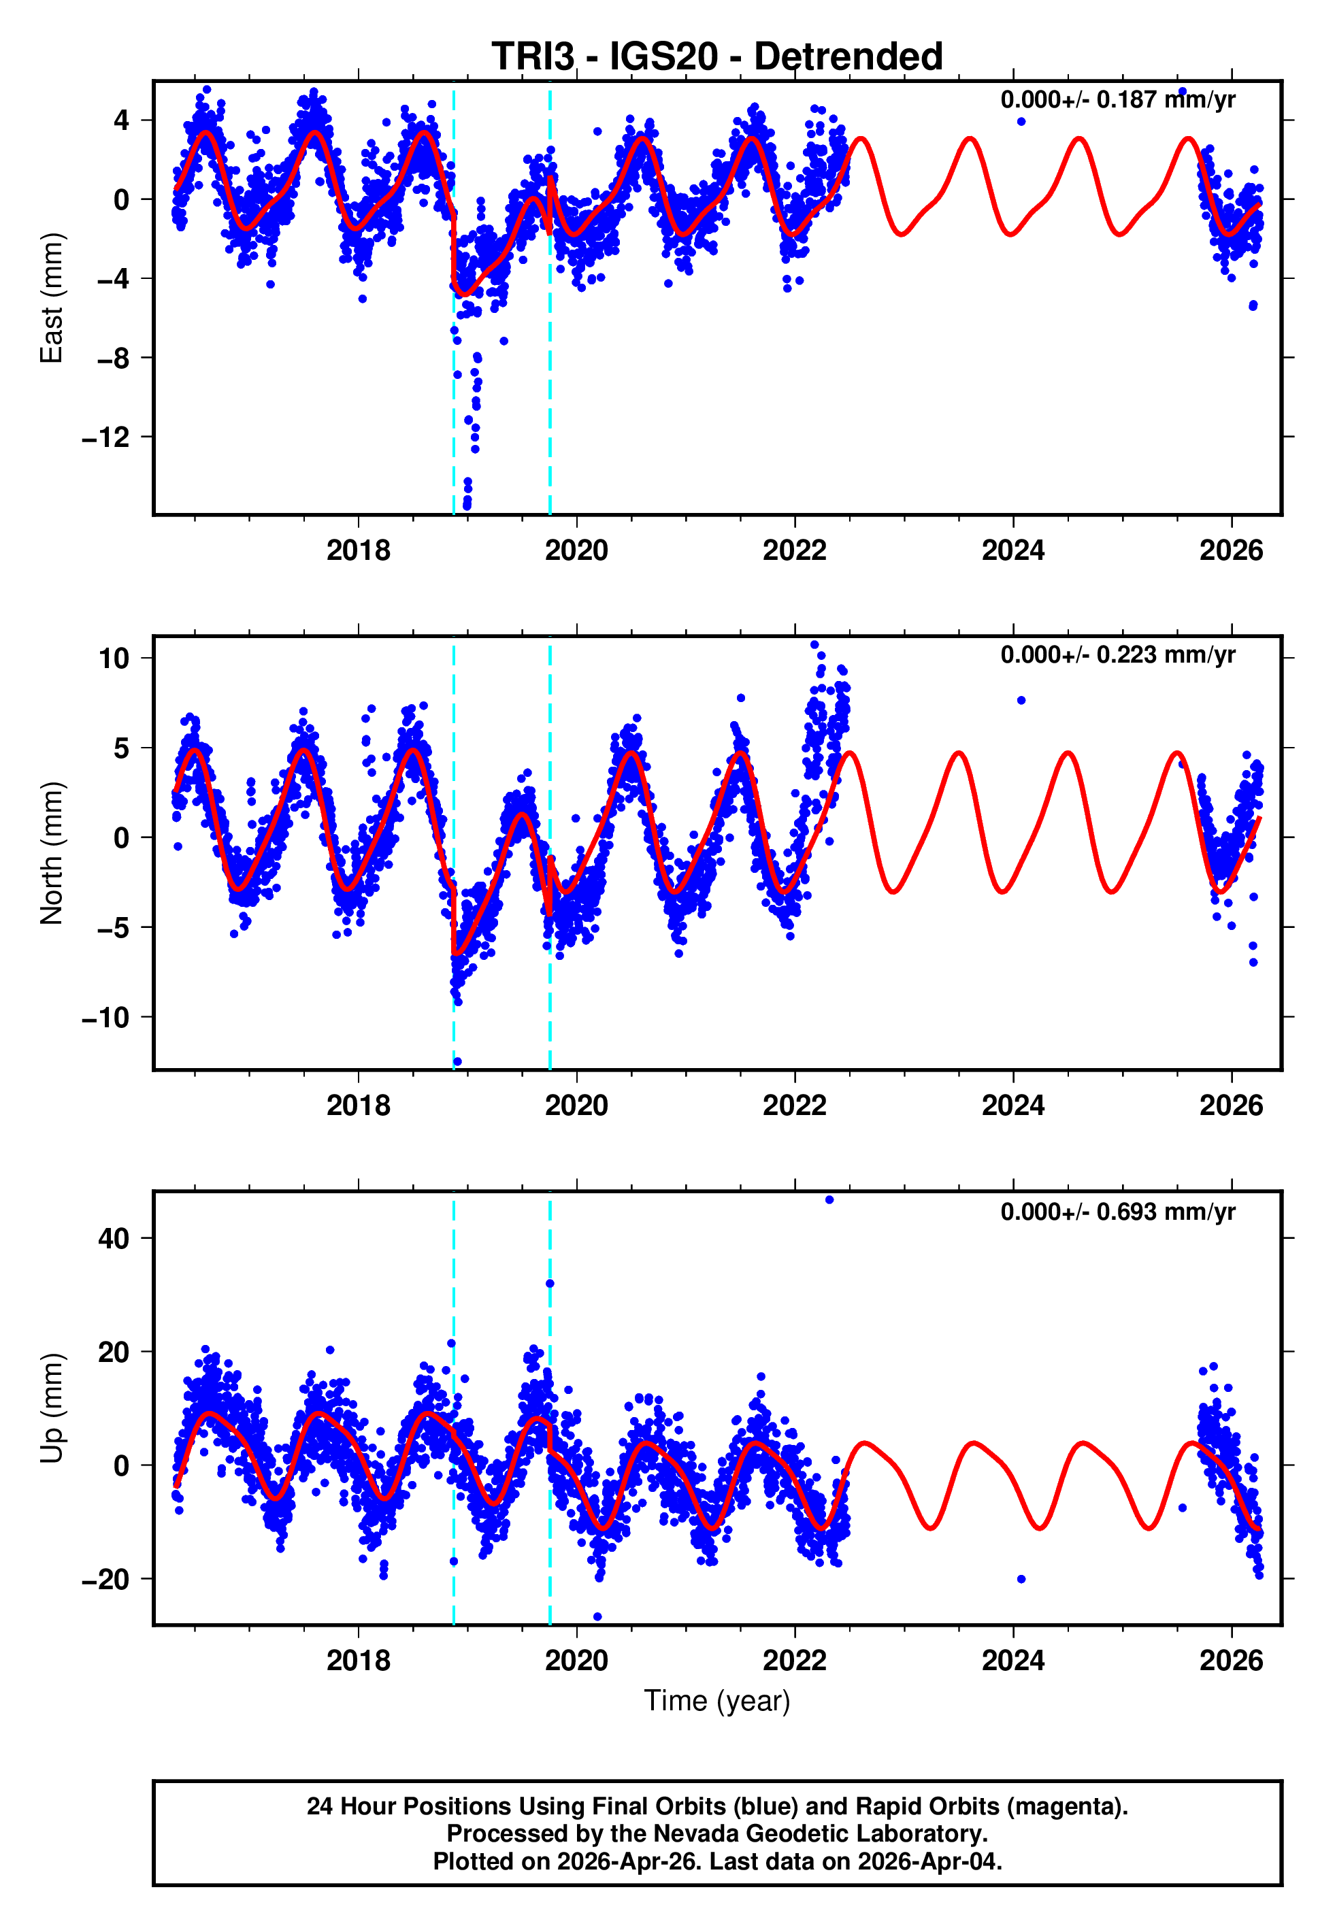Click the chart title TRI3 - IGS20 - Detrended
717,57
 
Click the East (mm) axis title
52,298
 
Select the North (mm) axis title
52,853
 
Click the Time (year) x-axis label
717,1701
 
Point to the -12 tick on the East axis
106,437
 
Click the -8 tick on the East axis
113,358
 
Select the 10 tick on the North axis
114,658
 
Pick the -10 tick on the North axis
106,1018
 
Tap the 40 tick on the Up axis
114,1238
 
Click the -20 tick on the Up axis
106,1580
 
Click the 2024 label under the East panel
1013,550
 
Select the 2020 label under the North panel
576,1106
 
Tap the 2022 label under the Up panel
795,1661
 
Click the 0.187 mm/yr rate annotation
1117,99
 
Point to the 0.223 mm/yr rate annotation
1117,654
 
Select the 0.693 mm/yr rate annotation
1117,1212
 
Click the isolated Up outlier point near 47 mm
829,1200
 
